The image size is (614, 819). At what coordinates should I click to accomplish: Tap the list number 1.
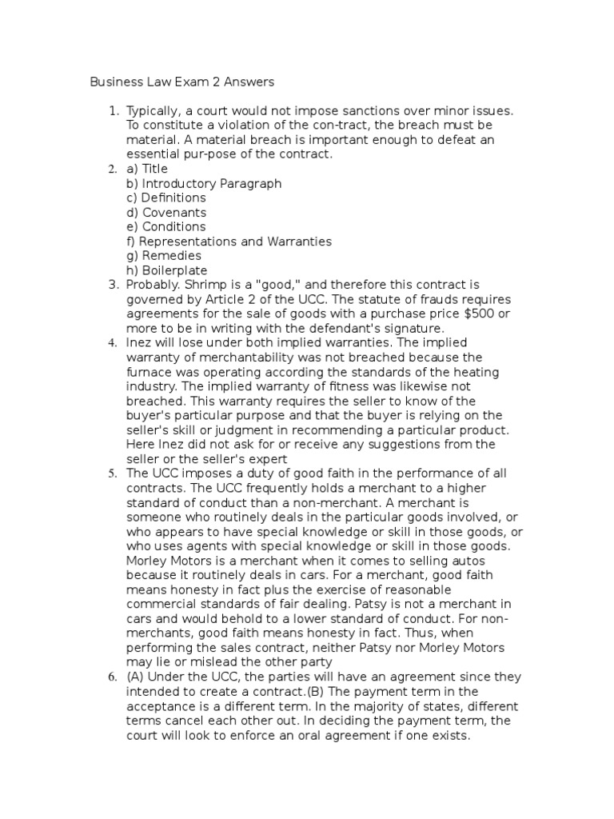click(x=113, y=110)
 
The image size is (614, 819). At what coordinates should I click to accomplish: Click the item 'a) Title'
click(x=147, y=169)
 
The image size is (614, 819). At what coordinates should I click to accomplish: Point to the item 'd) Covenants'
click(x=166, y=213)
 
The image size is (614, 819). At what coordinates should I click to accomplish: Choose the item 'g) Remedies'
click(x=164, y=256)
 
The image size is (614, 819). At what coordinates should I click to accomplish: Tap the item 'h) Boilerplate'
click(x=167, y=270)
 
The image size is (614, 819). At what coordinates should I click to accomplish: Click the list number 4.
click(x=113, y=343)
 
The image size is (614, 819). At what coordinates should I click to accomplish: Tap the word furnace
click(x=149, y=372)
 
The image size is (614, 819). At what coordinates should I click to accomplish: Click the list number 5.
click(x=113, y=473)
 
